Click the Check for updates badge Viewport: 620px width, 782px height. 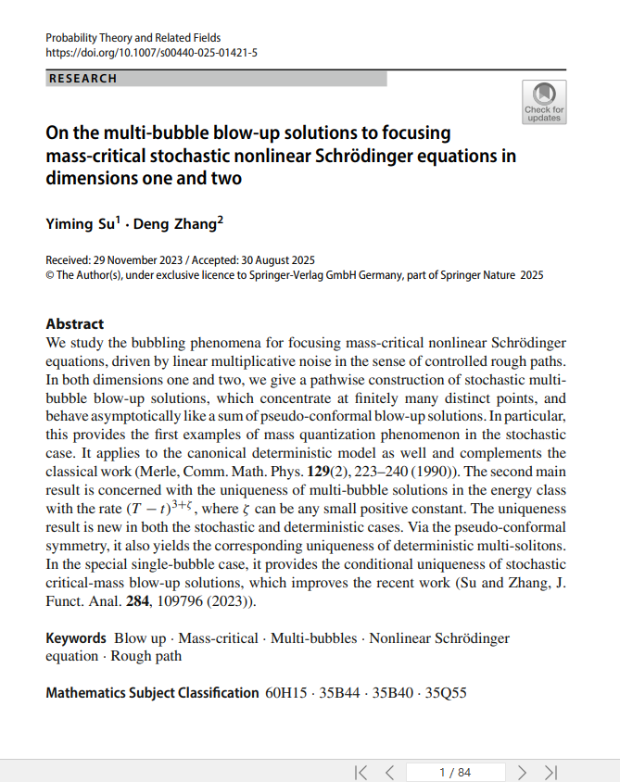point(544,102)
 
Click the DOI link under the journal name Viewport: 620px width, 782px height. point(151,53)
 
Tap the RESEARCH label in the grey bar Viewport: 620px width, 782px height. point(83,79)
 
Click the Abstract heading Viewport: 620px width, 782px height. point(75,324)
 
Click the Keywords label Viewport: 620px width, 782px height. point(76,638)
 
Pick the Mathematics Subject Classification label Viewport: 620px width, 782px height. point(152,693)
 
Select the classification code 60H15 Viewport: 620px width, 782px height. point(285,693)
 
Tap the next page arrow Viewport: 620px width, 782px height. point(522,772)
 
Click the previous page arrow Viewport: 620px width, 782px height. point(390,772)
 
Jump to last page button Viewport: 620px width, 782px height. point(550,772)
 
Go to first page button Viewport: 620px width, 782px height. point(361,772)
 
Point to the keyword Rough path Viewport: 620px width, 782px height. point(146,656)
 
